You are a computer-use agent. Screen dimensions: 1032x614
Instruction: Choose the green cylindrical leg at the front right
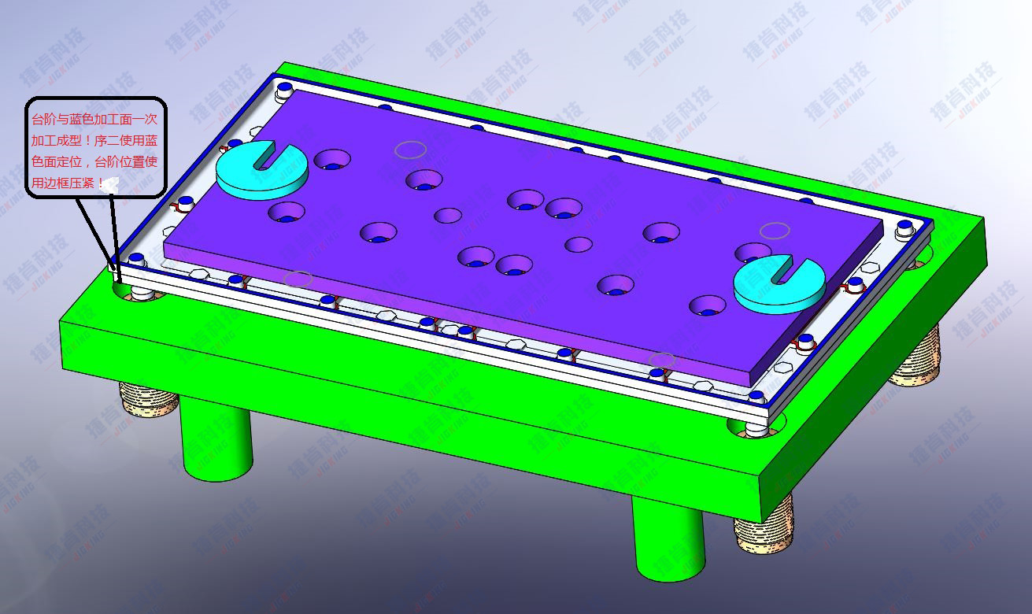tap(669, 539)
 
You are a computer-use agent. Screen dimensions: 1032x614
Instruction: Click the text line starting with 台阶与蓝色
tap(94, 120)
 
